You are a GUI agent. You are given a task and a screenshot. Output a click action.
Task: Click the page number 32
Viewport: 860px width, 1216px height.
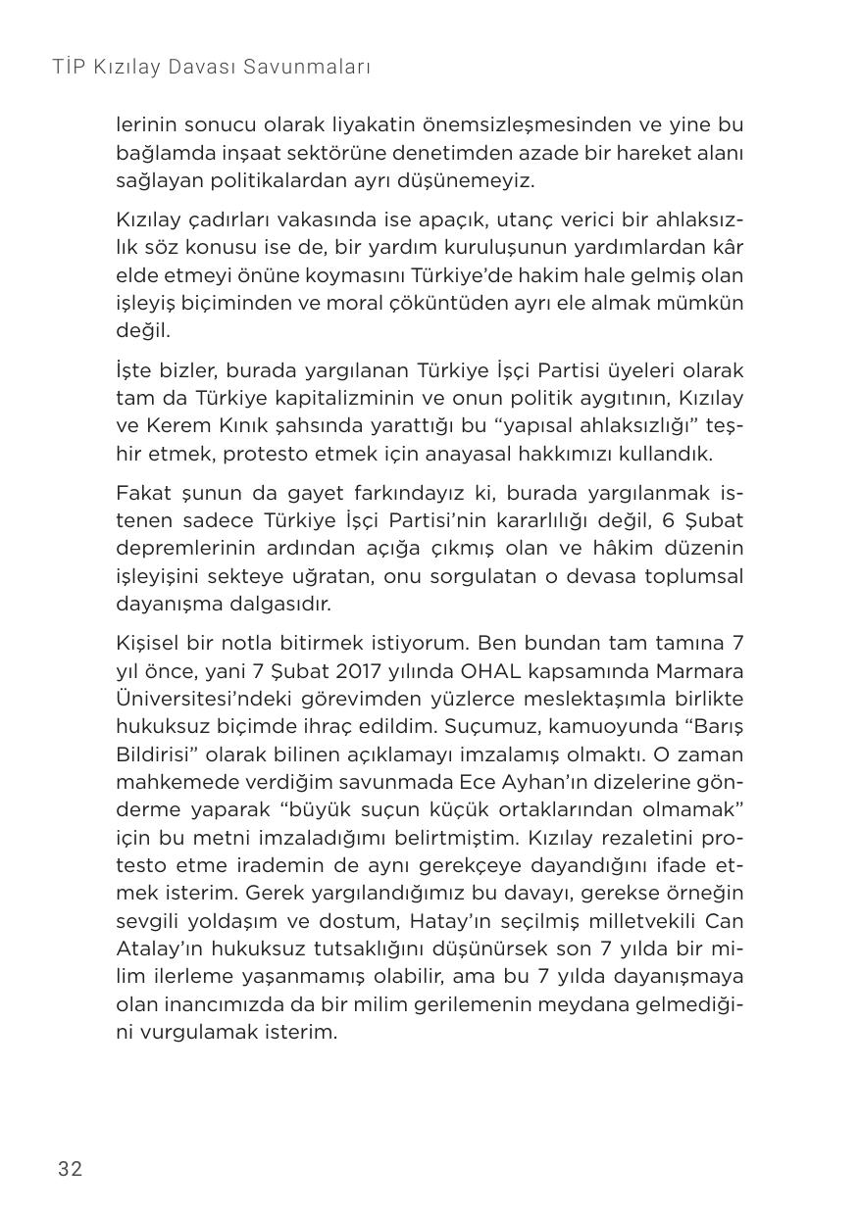click(70, 1168)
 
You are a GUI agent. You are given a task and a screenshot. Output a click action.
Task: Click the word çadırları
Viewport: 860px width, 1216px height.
click(217, 219)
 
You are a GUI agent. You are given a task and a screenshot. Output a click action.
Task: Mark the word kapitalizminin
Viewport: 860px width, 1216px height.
click(345, 399)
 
